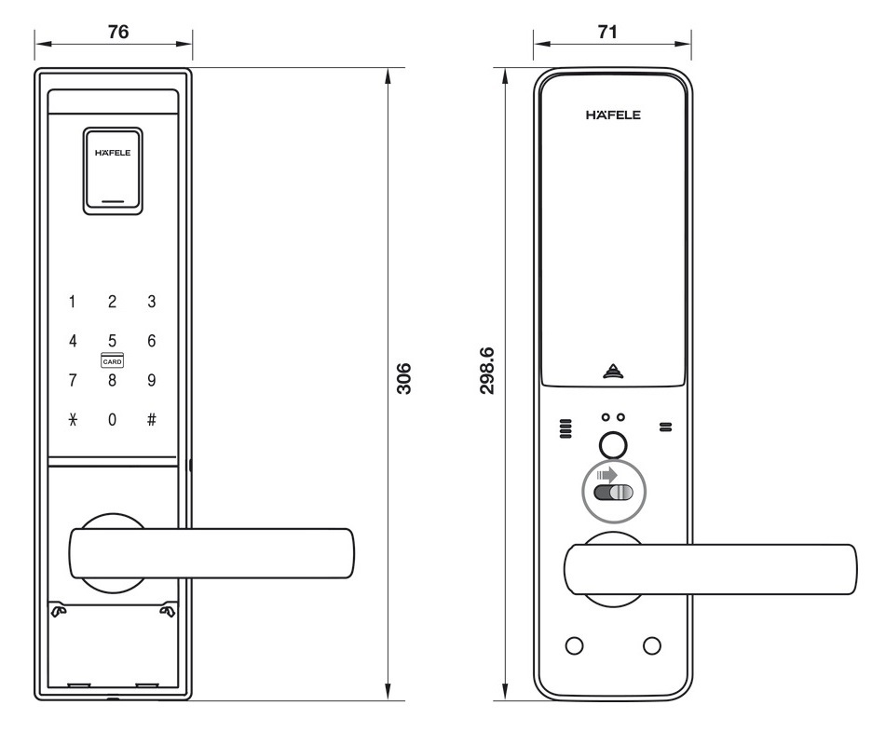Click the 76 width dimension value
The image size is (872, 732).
[x=117, y=31]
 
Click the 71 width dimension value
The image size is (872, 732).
[x=607, y=31]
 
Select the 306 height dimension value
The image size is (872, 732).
[x=403, y=379]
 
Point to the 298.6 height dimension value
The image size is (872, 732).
[x=485, y=371]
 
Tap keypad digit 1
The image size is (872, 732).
[x=72, y=302]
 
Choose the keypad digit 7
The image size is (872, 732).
[x=72, y=380]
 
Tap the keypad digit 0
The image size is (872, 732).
[x=112, y=419]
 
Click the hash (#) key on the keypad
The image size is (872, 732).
[x=151, y=419]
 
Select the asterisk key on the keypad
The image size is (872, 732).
[x=72, y=419]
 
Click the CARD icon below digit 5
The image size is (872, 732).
[x=112, y=360]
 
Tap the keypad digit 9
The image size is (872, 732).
[x=151, y=380]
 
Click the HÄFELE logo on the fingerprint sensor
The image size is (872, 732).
[x=112, y=153]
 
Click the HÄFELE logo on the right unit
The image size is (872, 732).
[x=613, y=115]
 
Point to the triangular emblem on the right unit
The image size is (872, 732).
[x=612, y=371]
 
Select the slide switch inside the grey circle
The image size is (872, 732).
[x=613, y=493]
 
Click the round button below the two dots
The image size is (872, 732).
[x=612, y=445]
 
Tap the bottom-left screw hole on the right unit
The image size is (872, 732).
[x=575, y=645]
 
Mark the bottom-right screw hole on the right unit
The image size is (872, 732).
[x=651, y=645]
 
